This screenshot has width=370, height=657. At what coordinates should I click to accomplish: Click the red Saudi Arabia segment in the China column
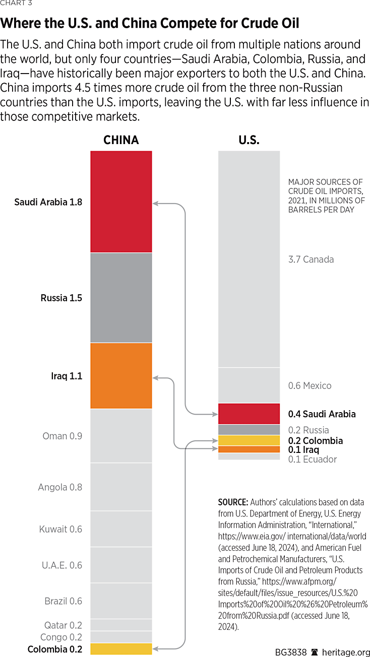[121, 202]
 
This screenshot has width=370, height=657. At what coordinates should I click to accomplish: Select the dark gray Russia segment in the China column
[121, 297]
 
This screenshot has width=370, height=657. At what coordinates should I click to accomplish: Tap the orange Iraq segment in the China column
[121, 375]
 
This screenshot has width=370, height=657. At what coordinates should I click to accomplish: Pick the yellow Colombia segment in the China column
[121, 649]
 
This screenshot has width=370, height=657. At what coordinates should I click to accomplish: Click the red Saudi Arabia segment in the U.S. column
[249, 414]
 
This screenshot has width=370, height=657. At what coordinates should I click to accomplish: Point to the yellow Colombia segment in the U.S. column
[249, 440]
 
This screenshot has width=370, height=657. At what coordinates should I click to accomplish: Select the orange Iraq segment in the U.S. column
[249, 449]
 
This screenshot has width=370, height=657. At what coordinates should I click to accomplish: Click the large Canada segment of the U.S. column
[249, 259]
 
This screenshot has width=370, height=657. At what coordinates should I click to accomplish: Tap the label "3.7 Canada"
[311, 259]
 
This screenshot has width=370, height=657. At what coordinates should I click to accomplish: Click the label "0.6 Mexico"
[310, 385]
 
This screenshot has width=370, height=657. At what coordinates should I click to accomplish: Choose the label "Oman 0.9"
[62, 436]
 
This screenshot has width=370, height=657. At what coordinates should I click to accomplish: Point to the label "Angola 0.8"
[60, 487]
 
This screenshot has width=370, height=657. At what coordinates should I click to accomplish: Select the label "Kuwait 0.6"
[60, 529]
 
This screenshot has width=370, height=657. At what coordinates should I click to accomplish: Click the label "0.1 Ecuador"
[312, 459]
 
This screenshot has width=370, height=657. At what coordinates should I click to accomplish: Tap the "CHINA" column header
[121, 140]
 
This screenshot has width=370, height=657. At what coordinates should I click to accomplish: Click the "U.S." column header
[249, 140]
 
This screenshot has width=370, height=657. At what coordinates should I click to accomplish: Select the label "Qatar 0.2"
[63, 625]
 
